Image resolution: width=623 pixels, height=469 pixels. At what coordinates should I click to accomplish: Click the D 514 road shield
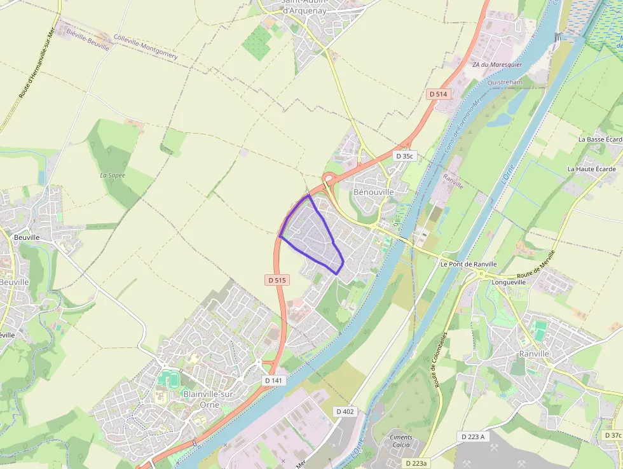(x=438, y=94)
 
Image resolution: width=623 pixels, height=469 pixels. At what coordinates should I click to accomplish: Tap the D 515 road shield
(x=277, y=280)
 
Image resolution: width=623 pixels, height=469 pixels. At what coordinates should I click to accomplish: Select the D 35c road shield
(x=404, y=156)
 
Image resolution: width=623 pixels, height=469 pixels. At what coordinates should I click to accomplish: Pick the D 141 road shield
(x=272, y=380)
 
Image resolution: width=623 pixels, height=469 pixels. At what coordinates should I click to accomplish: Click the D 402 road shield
(x=345, y=412)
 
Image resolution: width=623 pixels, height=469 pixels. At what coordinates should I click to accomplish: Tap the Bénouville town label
(x=373, y=192)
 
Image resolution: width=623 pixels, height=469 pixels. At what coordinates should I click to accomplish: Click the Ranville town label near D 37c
(x=534, y=354)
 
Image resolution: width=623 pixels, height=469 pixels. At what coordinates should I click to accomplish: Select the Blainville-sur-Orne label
(x=209, y=399)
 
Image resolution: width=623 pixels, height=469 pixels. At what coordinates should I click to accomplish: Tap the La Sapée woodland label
(x=113, y=175)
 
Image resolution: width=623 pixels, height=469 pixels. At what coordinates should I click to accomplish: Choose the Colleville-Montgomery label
(x=146, y=47)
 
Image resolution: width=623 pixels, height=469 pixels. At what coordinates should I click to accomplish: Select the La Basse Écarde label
(x=599, y=139)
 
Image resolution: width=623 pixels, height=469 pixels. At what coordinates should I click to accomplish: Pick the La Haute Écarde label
(x=591, y=169)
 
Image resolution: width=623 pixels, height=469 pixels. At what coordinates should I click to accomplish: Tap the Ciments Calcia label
(x=400, y=441)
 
